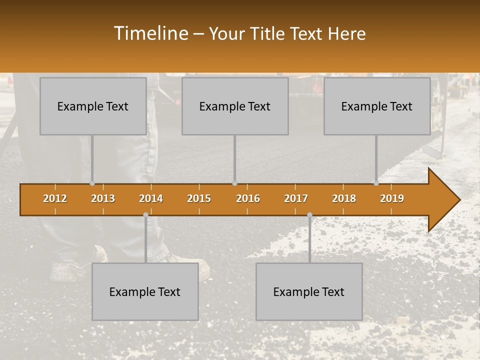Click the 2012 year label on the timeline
click(55, 198)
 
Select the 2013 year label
click(103, 198)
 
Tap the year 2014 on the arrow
click(151, 198)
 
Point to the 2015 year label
click(199, 198)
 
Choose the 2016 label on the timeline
click(248, 198)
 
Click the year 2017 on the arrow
click(296, 198)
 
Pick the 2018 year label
click(344, 198)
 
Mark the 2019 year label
click(392, 198)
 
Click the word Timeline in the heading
click(150, 33)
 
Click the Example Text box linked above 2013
click(93, 106)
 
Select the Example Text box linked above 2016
click(235, 106)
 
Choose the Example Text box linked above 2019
click(377, 106)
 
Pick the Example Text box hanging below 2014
click(145, 291)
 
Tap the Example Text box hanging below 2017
click(309, 291)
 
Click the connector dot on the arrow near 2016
click(235, 183)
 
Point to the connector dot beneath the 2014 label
click(145, 215)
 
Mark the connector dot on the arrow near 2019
click(376, 183)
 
